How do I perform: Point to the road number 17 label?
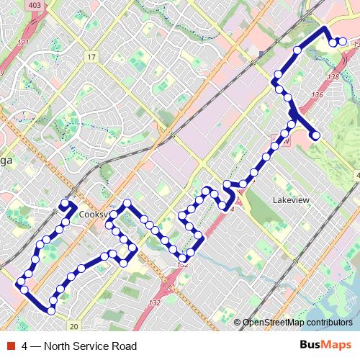click(91, 56)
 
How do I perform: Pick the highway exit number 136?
click(318, 94)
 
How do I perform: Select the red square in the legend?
click(9, 346)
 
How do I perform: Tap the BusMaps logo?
click(325, 346)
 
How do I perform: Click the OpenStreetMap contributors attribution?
click(297, 322)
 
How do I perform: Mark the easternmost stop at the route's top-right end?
click(343, 42)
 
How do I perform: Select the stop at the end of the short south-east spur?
click(315, 135)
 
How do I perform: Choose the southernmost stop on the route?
click(52, 310)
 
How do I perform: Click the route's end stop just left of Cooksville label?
click(65, 204)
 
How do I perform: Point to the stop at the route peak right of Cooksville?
click(127, 204)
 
